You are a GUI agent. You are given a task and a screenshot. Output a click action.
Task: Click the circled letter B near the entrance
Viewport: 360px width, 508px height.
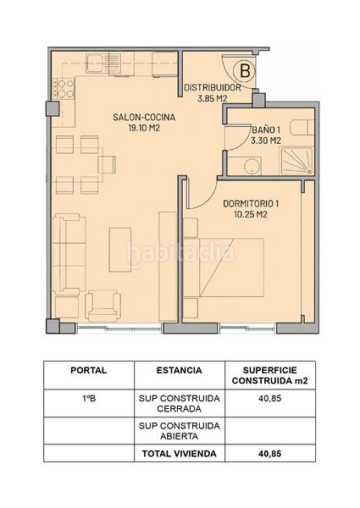pyautogui.click(x=245, y=70)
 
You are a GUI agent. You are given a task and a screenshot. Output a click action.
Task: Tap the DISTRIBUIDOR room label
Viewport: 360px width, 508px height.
pyautogui.click(x=213, y=87)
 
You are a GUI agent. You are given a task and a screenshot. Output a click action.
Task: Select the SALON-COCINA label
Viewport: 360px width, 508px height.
pyautogui.click(x=144, y=117)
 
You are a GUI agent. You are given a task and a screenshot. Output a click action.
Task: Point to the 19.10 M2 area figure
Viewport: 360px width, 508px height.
pyautogui.click(x=144, y=128)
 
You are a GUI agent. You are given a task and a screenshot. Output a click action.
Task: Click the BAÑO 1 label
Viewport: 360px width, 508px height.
pyautogui.click(x=266, y=130)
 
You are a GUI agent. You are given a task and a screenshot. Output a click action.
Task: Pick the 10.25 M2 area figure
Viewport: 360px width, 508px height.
pyautogui.click(x=251, y=214)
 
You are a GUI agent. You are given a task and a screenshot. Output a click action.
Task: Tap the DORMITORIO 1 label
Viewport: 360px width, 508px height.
pyautogui.click(x=251, y=203)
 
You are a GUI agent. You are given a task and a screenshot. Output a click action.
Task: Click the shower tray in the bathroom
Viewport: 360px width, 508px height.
pyautogui.click(x=296, y=161)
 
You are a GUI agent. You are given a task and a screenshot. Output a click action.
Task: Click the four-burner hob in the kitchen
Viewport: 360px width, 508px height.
pyautogui.click(x=64, y=89)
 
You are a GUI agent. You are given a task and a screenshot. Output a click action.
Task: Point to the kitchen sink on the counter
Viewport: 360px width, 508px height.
pyautogui.click(x=95, y=63)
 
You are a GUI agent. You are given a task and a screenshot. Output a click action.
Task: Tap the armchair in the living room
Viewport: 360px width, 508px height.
pyautogui.click(x=103, y=306)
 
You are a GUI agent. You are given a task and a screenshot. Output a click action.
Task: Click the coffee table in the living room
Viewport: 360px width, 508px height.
pyautogui.click(x=120, y=250)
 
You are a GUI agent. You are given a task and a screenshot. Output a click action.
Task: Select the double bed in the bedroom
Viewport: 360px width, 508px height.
pyautogui.click(x=224, y=268)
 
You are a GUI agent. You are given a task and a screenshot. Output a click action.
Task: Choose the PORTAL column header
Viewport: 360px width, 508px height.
pyautogui.click(x=89, y=370)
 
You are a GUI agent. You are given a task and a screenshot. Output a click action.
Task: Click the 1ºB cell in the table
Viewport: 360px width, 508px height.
pyautogui.click(x=89, y=398)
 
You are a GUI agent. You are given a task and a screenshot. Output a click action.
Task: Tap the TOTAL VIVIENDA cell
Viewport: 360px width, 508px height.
pyautogui.click(x=180, y=454)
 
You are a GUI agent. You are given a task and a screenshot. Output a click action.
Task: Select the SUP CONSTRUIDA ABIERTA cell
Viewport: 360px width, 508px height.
pyautogui.click(x=180, y=431)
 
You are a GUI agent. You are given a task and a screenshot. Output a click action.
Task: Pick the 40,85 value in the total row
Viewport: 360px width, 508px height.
pyautogui.click(x=269, y=454)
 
